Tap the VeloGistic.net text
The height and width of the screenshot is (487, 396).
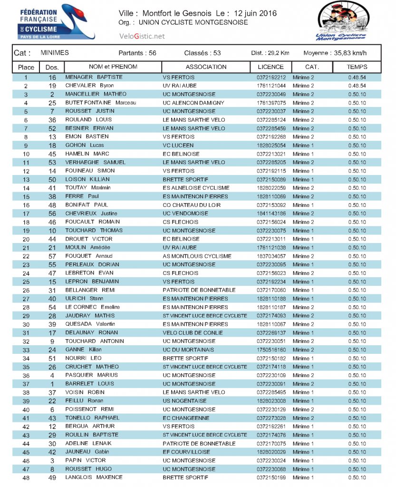click(142, 36)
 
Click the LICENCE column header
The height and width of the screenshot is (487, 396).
click(270, 67)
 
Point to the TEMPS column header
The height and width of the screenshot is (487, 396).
click(357, 67)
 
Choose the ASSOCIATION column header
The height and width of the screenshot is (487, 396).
click(206, 67)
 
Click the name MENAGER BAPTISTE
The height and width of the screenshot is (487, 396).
click(94, 77)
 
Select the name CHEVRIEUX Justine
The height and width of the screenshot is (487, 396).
click(91, 214)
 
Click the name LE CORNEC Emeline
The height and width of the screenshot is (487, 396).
click(93, 307)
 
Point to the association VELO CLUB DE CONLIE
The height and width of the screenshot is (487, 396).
click(193, 333)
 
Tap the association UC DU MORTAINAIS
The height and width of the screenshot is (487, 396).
click(188, 350)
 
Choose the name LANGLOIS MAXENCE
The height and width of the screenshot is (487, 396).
click(94, 477)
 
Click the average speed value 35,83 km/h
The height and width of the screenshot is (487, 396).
click(348, 53)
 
